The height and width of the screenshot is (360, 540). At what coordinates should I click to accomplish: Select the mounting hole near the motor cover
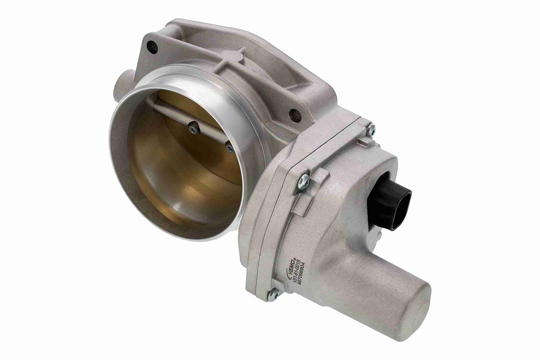(295, 115)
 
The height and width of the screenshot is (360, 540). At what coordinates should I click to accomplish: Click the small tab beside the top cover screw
(363, 142)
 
